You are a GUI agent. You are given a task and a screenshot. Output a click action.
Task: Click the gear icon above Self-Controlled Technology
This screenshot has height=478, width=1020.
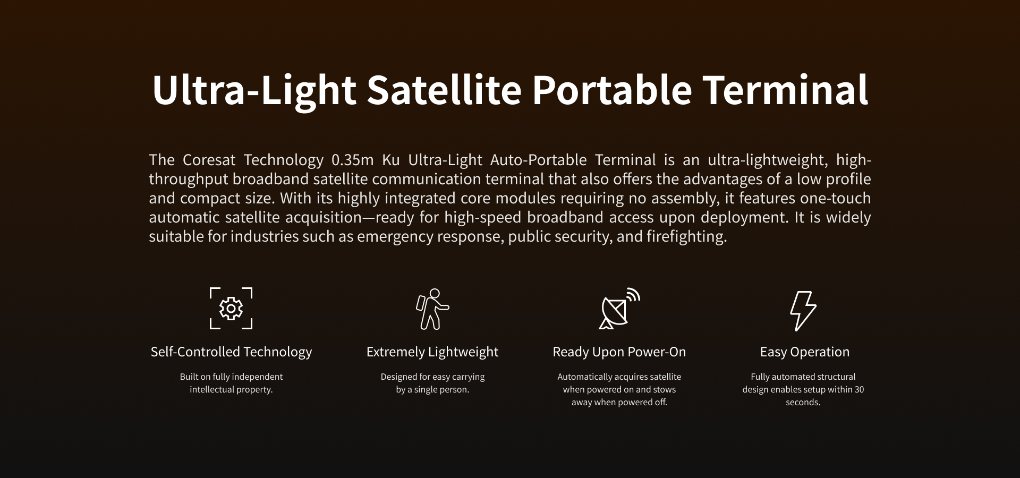(231, 309)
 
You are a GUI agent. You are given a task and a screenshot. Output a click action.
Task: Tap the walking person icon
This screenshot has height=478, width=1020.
(432, 309)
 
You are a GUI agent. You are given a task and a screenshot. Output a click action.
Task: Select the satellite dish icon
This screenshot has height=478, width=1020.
(619, 309)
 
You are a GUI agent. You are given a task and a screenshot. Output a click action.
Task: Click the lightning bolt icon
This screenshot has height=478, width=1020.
(803, 311)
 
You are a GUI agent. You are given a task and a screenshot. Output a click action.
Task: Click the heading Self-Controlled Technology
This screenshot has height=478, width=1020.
(231, 352)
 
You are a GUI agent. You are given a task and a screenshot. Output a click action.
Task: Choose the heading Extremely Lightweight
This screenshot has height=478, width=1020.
(432, 352)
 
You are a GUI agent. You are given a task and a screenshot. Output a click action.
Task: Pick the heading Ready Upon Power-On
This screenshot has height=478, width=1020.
(619, 352)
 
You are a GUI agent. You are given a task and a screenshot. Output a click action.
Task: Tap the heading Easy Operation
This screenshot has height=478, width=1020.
(804, 352)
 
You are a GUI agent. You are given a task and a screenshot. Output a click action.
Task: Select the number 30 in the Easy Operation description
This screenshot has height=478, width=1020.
(859, 389)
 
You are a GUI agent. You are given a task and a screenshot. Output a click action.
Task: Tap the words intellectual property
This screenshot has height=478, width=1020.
(231, 390)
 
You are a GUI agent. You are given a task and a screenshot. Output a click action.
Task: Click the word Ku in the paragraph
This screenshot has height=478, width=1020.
(391, 160)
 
